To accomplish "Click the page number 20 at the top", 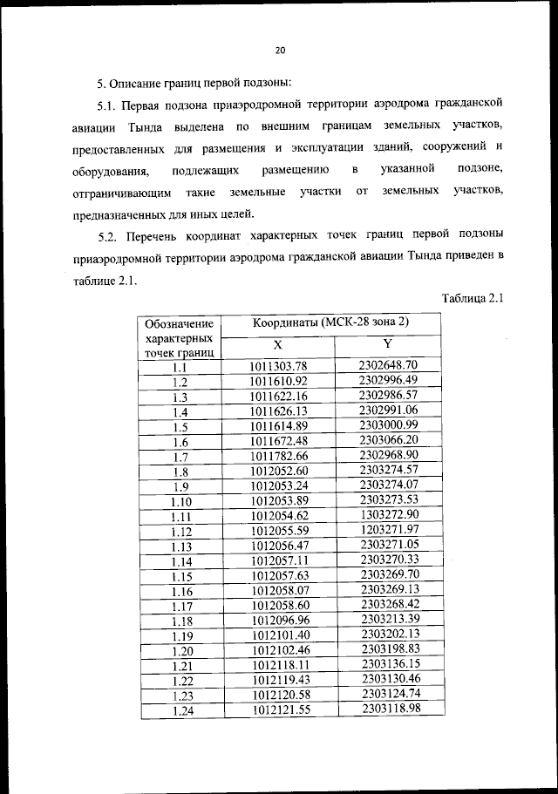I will pos(280,51).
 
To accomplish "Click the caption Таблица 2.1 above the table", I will pos(473,298).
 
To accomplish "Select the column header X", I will pos(278,345).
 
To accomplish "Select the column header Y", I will pos(388,344).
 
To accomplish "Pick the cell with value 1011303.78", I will pos(279,367).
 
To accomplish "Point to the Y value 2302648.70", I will pos(389,365).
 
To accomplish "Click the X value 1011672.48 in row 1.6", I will pos(279,442).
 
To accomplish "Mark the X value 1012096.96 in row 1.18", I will pos(279,621).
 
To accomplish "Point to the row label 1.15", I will pos(181,577).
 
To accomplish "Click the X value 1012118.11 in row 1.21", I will pos(279,665).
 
